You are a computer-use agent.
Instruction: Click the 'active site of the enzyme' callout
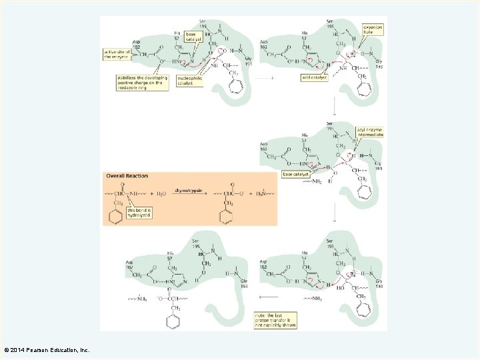coord(116,54)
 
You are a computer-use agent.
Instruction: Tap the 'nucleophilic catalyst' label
coord(189,81)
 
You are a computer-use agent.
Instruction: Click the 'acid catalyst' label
coord(314,77)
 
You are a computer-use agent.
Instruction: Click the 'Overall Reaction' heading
coord(127,176)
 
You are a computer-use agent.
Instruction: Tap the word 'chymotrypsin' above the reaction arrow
coord(189,190)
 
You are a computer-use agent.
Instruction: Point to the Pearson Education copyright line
coord(47,350)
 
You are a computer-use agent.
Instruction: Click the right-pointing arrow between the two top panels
coord(265,78)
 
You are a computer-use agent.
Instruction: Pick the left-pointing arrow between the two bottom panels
coord(268,297)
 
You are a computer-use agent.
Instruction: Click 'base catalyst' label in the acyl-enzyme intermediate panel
coord(296,174)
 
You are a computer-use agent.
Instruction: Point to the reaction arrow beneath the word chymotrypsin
coord(189,195)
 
